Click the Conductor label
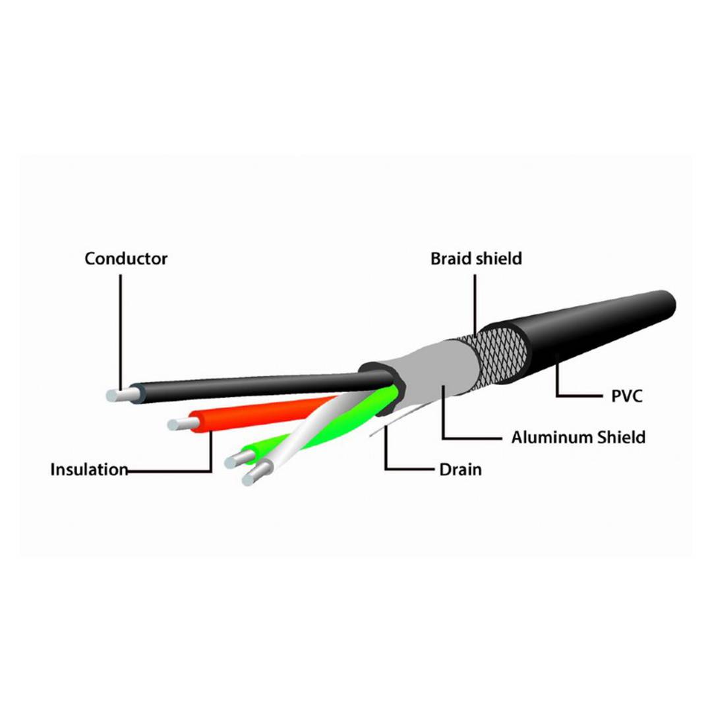(x=126, y=259)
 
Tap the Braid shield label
(x=476, y=259)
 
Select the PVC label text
(x=627, y=396)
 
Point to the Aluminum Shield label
(x=578, y=437)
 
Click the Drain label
(x=460, y=469)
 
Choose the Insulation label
(x=89, y=469)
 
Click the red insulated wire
(x=263, y=413)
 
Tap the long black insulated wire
(x=263, y=386)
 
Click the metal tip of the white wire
(x=256, y=473)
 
